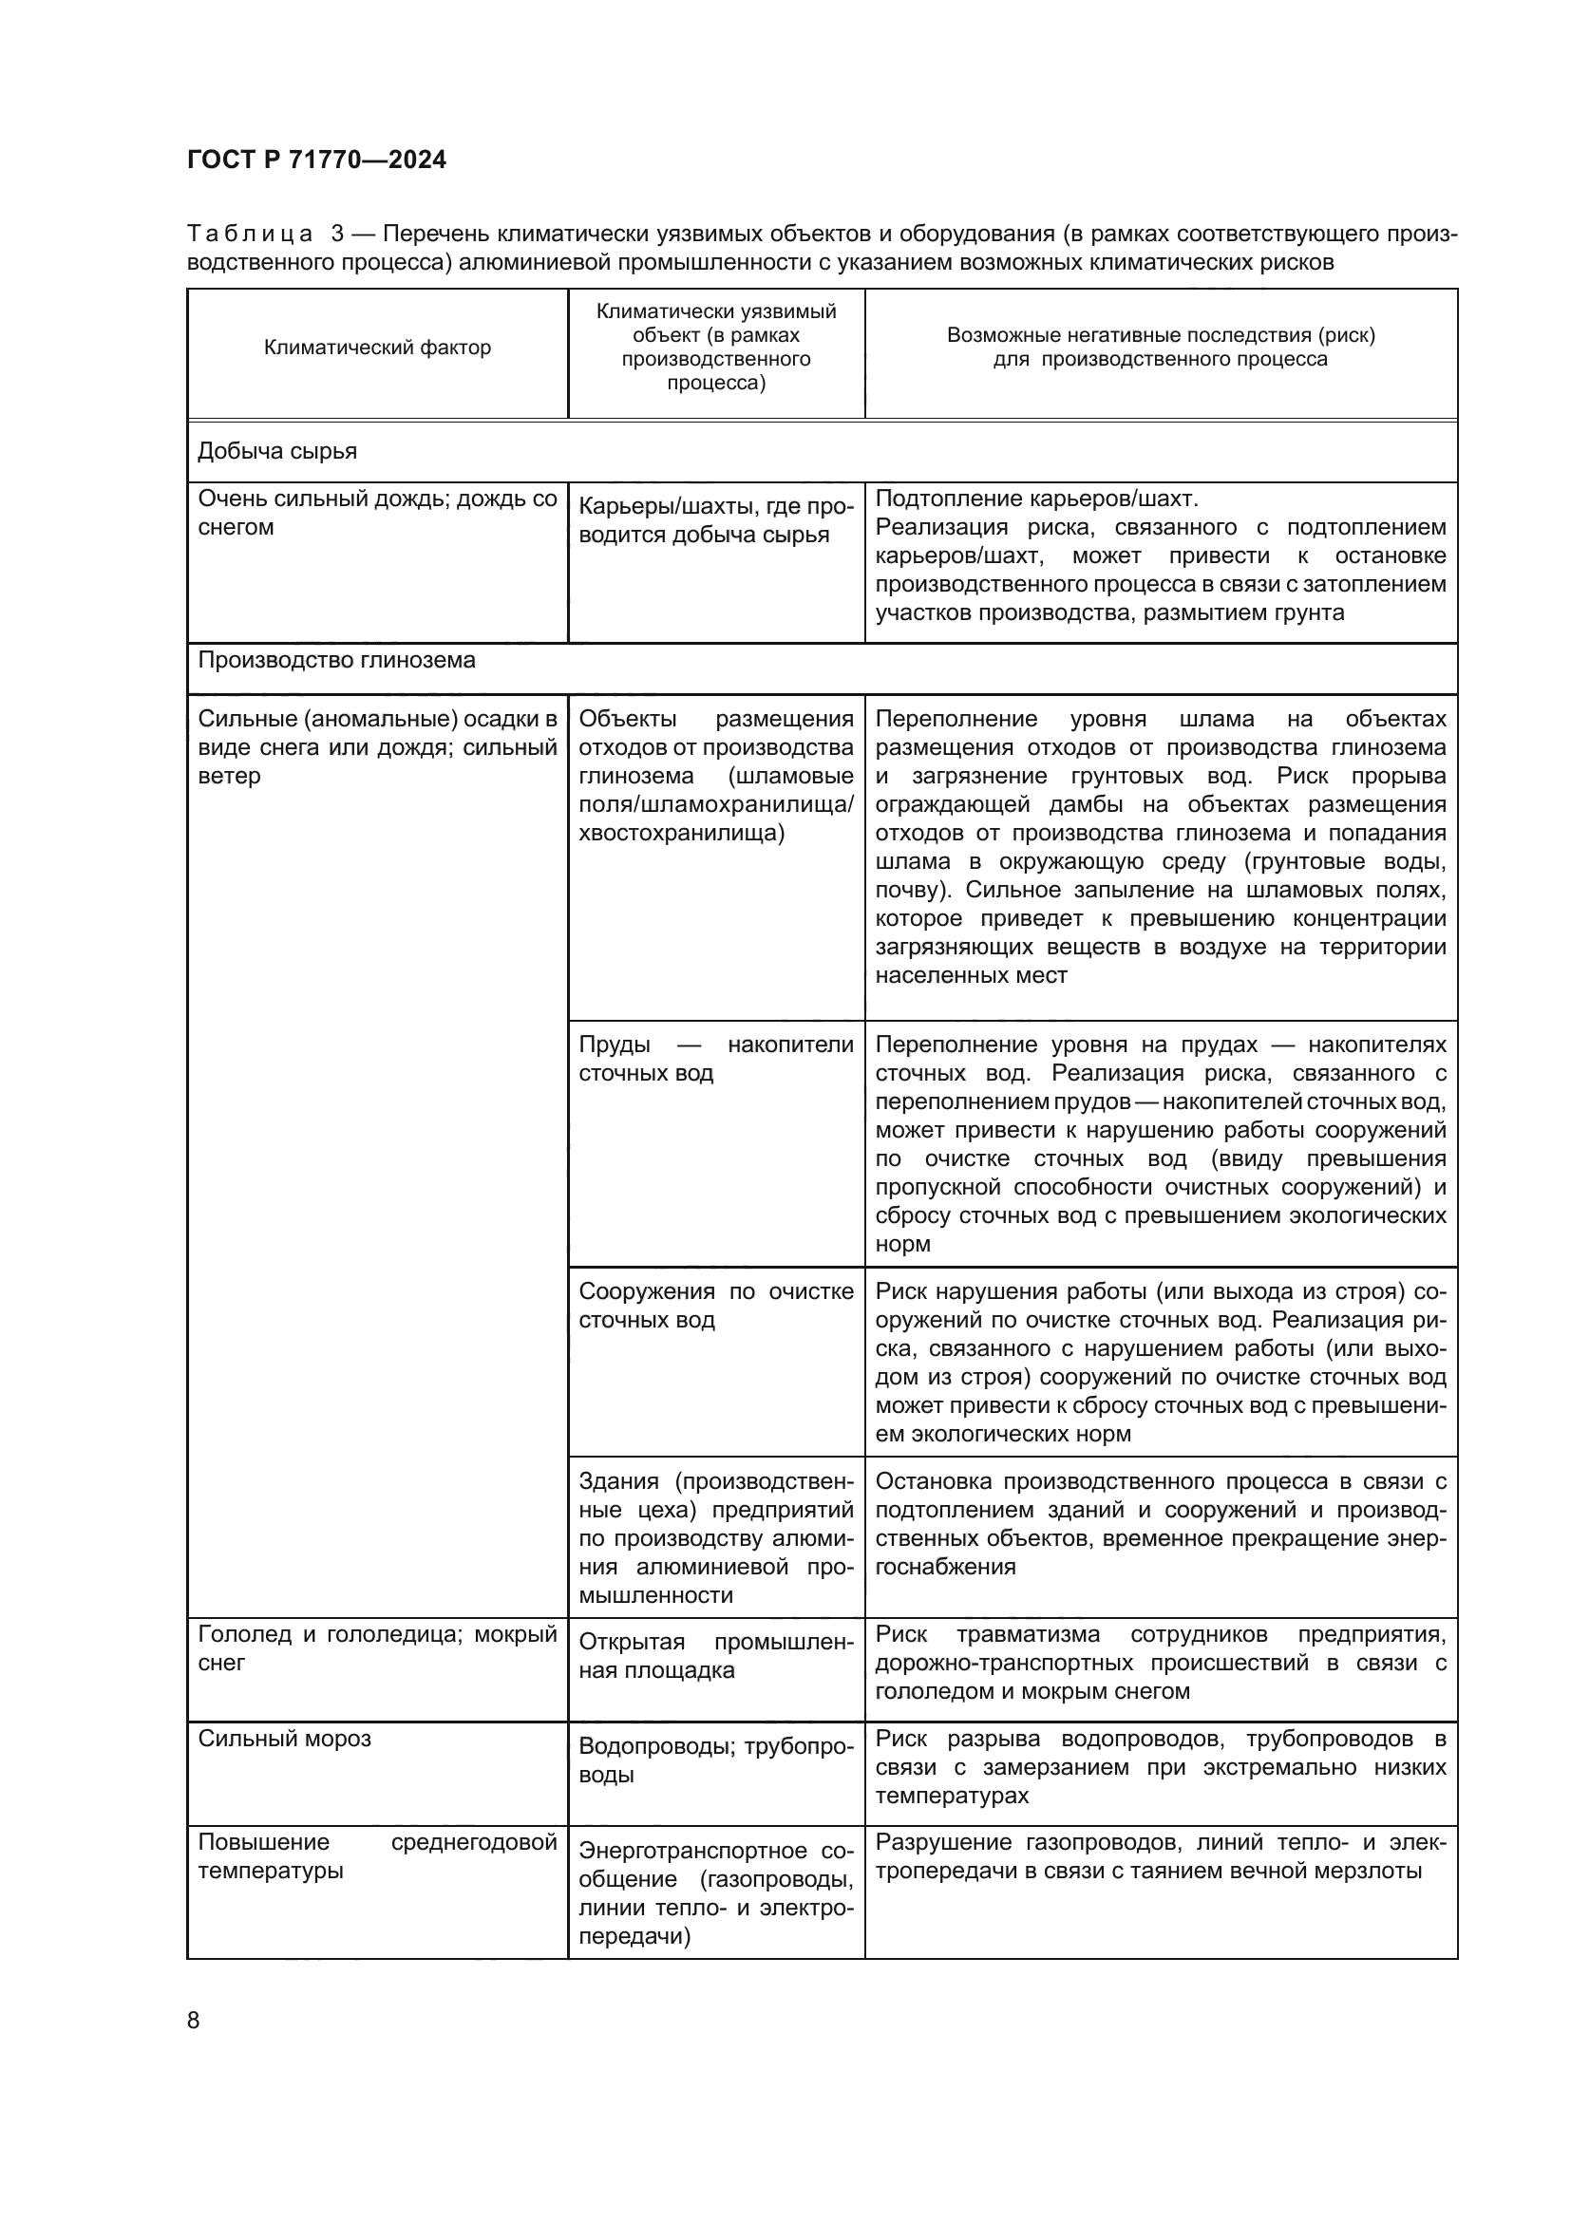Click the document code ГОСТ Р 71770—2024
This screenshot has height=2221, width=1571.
tap(316, 160)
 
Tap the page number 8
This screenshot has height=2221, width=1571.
tap(194, 2020)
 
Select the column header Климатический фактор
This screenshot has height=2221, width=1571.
tap(377, 348)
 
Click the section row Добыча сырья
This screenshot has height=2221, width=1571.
tap(277, 451)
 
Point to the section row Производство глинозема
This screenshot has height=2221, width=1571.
tap(336, 660)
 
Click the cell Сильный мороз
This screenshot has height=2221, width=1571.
tap(284, 1739)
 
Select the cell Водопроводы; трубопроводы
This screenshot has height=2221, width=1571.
tap(716, 1760)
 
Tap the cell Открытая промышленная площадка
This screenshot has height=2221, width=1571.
tap(716, 1656)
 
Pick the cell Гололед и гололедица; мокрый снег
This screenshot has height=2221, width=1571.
tap(377, 1648)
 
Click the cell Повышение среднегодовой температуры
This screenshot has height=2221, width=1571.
tap(377, 1856)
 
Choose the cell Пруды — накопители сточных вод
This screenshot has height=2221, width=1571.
tap(716, 1058)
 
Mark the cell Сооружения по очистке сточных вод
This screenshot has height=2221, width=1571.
tap(716, 1305)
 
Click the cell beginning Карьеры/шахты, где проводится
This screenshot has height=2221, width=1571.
tap(716, 520)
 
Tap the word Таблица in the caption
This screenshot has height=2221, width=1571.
tap(250, 235)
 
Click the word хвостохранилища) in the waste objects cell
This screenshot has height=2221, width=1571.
tap(681, 833)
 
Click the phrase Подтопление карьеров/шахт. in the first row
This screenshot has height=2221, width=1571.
tap(1036, 499)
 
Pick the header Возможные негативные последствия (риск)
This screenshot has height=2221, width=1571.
tap(1160, 335)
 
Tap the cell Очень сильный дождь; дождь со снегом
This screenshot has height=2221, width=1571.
tap(377, 513)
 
